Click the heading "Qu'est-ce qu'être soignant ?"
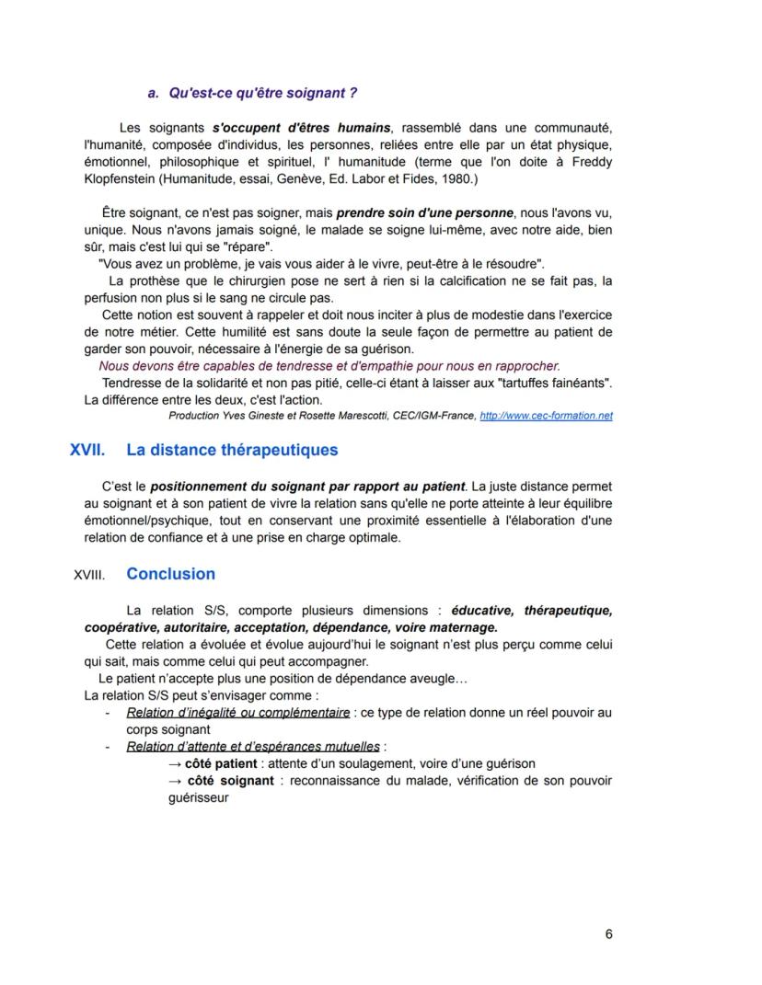260,94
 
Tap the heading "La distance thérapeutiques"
232,451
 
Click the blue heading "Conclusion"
170,575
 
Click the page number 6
609,934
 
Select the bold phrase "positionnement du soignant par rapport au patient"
308,485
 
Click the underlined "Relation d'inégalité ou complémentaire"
237,713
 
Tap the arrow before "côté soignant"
174,781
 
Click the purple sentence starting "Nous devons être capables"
329,365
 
